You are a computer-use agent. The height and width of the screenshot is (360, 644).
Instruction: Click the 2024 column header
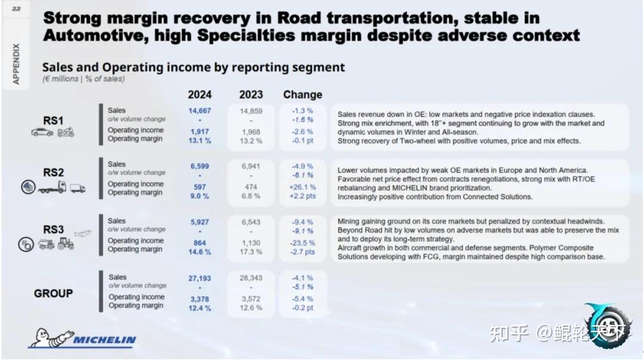coord(200,95)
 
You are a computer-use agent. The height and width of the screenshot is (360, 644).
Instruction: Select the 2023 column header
coord(251,95)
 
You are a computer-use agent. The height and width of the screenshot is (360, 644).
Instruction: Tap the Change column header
coord(302,95)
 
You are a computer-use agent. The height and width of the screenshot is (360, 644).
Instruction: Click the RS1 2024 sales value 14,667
coord(200,111)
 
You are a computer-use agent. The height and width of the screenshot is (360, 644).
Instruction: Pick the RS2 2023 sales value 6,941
coord(251,167)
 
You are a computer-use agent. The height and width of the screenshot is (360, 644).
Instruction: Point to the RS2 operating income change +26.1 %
coord(302,187)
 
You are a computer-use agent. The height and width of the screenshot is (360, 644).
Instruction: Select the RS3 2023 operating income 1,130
coord(251,243)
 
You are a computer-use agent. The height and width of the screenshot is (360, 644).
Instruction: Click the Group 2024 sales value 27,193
coord(200,279)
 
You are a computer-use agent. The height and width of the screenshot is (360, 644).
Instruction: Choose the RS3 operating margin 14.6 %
coord(200,252)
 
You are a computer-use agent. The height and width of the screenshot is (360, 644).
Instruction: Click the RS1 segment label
coord(53,120)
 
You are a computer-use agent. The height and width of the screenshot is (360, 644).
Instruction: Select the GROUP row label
coord(53,293)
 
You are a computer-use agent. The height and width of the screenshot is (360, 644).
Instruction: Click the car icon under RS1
coord(42,132)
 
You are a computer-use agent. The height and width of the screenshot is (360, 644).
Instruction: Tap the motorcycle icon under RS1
coord(66,132)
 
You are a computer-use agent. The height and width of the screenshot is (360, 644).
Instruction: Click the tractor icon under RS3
coord(66,244)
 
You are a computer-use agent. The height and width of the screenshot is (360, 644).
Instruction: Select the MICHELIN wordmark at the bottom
coord(105,340)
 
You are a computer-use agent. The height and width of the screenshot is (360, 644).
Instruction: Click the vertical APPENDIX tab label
coord(16,63)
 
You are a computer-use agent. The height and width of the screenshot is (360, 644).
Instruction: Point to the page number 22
coord(16,8)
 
